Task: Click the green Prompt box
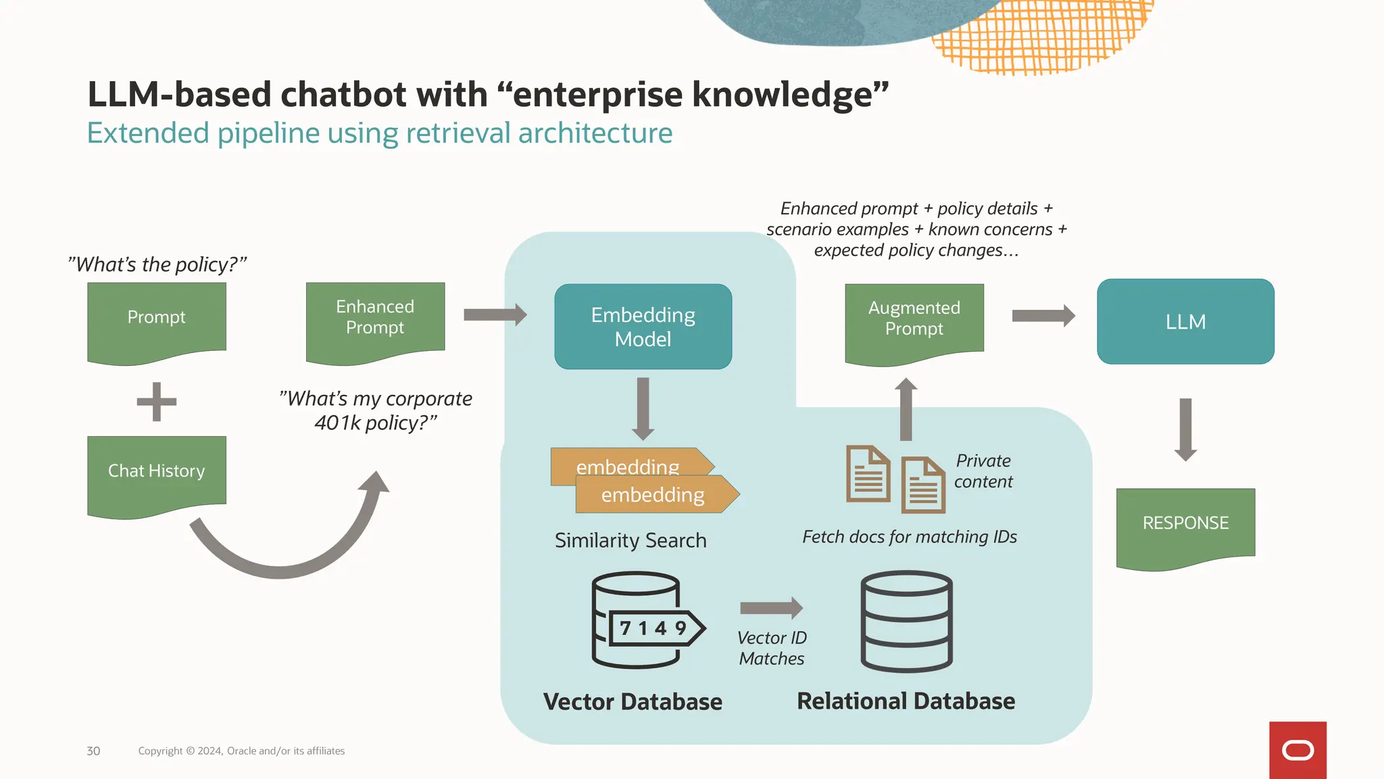click(x=157, y=320)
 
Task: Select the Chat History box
click(x=157, y=473)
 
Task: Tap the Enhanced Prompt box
click(x=375, y=320)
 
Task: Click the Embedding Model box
click(x=643, y=327)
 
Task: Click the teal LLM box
click(x=1185, y=322)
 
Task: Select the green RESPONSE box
click(x=1185, y=525)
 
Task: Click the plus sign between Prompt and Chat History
click(x=157, y=402)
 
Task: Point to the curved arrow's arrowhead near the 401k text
click(x=375, y=483)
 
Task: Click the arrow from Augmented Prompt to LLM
click(x=1043, y=316)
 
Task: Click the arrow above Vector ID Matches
click(x=771, y=608)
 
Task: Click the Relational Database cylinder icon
click(x=906, y=621)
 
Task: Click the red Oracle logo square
click(x=1297, y=750)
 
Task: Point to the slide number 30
click(x=93, y=751)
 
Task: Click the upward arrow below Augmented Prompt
click(x=906, y=408)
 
